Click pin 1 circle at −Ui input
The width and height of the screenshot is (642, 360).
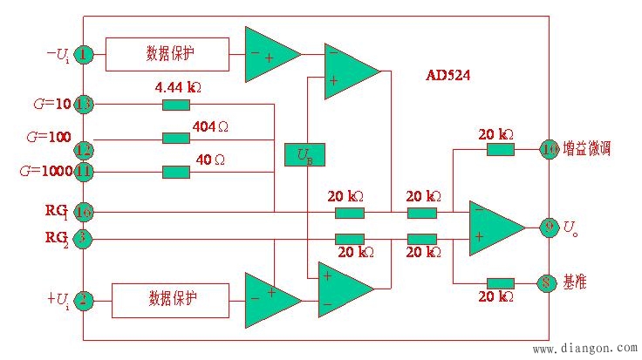(x=84, y=55)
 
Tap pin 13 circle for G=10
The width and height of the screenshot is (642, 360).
(x=84, y=105)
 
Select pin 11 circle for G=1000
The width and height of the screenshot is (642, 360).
(x=84, y=171)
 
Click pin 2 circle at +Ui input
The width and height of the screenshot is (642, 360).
(x=84, y=302)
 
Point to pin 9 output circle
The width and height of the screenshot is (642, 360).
(x=549, y=228)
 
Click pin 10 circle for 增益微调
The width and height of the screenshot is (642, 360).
(x=549, y=148)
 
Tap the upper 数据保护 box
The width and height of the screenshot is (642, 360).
(x=167, y=54)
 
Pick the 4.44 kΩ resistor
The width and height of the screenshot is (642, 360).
(x=175, y=105)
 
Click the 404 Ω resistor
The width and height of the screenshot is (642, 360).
(x=175, y=138)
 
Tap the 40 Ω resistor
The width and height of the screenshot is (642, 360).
(x=175, y=171)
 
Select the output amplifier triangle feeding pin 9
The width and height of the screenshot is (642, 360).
(x=493, y=228)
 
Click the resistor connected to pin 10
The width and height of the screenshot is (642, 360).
(x=500, y=149)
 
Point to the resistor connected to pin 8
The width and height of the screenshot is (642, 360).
(x=500, y=282)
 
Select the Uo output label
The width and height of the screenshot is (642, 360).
(x=570, y=229)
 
